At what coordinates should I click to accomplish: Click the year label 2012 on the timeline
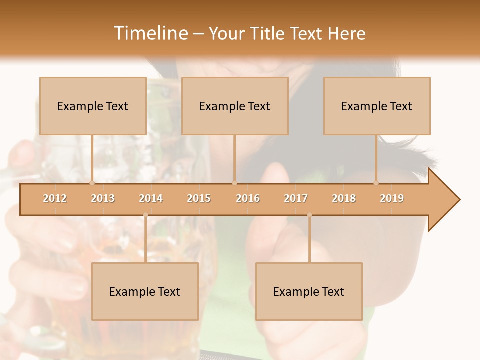coord(55,198)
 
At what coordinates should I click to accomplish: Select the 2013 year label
coord(103,198)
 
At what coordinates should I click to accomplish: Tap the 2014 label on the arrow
coord(151,198)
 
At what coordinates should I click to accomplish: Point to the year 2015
coord(199,198)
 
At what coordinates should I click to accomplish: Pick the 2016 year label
coord(248,198)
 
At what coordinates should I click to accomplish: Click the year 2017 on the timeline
coord(296,198)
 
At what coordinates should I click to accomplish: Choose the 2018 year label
coord(344,198)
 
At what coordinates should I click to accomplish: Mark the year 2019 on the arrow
coord(392,198)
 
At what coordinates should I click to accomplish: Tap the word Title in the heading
coord(268,33)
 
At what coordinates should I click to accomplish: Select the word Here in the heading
coord(346,33)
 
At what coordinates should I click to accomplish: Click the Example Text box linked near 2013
coord(93,106)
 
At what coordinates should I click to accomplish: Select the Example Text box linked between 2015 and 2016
coord(235,106)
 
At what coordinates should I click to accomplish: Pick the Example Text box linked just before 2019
coord(377,106)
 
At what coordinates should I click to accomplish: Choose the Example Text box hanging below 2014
coord(145,291)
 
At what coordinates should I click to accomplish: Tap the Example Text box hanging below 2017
coord(309,291)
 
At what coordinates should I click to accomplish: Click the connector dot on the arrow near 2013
coord(92,183)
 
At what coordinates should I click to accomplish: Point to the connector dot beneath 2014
coord(145,215)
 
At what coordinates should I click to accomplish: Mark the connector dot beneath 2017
coord(309,215)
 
